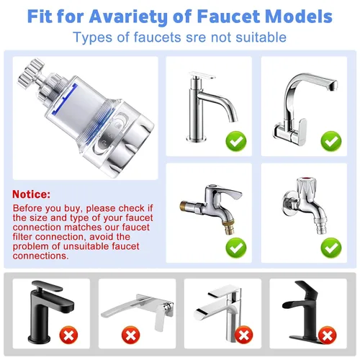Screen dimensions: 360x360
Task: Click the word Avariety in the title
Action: tap(128, 17)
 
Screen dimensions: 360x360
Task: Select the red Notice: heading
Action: tap(32, 194)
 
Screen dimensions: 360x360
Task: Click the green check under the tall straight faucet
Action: tap(236, 141)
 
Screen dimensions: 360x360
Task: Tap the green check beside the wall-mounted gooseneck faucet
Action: tap(331, 141)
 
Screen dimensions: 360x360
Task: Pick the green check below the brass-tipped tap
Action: tap(236, 248)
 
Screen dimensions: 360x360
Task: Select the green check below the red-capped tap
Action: tap(331, 248)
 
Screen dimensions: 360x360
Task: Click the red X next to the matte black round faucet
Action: tap(68, 335)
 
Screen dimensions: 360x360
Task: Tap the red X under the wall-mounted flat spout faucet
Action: tap(131, 335)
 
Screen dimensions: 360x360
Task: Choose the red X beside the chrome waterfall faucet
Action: tap(244, 335)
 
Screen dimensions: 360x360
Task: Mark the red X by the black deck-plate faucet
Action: tap(328, 335)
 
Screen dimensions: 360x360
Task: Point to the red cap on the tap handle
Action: tap(305, 179)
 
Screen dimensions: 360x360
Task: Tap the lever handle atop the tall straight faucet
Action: tap(202, 75)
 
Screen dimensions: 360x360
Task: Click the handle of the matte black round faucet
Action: tap(47, 286)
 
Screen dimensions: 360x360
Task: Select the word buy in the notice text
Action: tap(71, 209)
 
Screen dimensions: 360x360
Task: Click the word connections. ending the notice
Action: tap(40, 256)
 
